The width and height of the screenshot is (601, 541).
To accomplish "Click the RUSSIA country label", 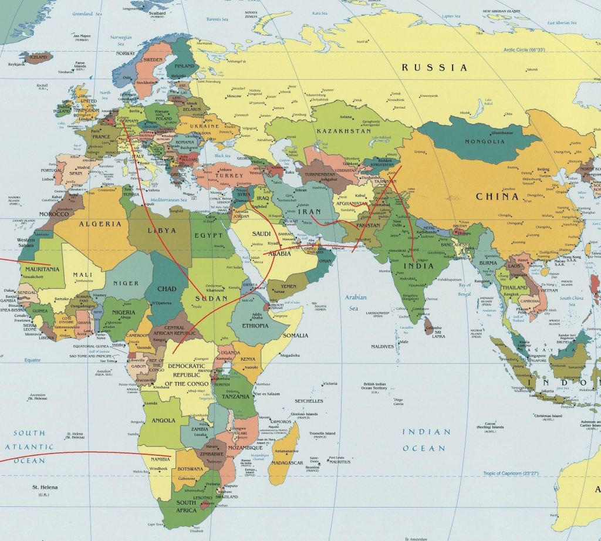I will [x=435, y=68].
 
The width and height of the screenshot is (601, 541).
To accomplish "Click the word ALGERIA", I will [x=100, y=224].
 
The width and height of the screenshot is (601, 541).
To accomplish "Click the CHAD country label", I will [x=167, y=289].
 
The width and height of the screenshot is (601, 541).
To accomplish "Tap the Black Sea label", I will [x=223, y=156].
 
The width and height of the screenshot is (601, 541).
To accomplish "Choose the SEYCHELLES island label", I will [x=309, y=401].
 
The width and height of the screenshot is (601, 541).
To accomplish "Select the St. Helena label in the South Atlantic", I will [x=45, y=488].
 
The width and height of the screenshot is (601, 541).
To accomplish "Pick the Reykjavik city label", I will [x=16, y=65].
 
